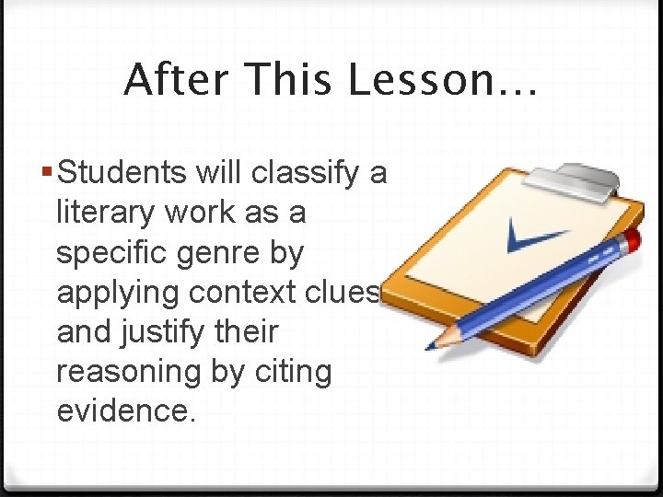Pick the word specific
[x=110, y=252]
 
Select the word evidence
[x=126, y=411]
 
